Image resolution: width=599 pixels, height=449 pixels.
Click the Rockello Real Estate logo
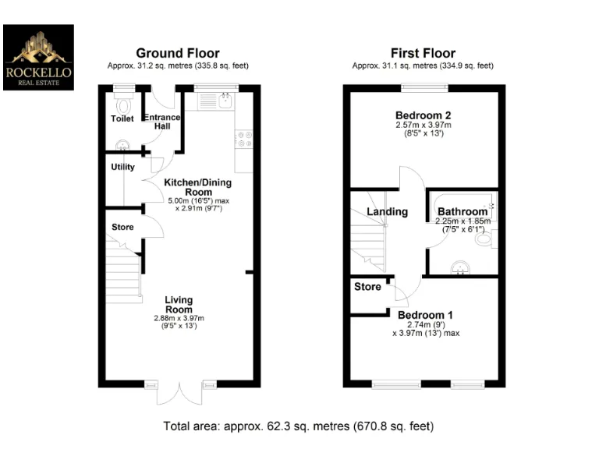pyautogui.click(x=38, y=57)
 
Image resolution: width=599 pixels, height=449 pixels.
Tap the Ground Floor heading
pyautogui.click(x=178, y=54)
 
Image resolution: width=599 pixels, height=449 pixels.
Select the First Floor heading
pyautogui.click(x=423, y=54)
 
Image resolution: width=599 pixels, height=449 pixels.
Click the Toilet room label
pyautogui.click(x=122, y=119)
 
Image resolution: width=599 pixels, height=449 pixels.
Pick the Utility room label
pyautogui.click(x=122, y=167)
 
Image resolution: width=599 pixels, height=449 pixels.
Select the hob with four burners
pyautogui.click(x=242, y=138)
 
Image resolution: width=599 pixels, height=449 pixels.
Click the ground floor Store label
pyautogui.click(x=122, y=228)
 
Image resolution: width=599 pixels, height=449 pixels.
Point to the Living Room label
pyautogui.click(x=179, y=305)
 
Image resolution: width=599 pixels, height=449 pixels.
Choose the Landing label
pyautogui.click(x=388, y=212)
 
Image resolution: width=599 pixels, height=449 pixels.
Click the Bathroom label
pyautogui.click(x=463, y=211)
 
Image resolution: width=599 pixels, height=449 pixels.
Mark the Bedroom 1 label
pyautogui.click(x=425, y=316)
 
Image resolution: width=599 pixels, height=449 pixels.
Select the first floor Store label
pyautogui.click(x=367, y=287)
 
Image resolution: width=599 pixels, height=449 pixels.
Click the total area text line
pyautogui.click(x=299, y=426)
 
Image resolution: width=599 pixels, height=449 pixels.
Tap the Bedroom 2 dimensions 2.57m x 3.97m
pyautogui.click(x=423, y=125)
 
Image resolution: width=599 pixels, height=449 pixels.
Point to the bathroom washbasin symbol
pyautogui.click(x=460, y=269)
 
